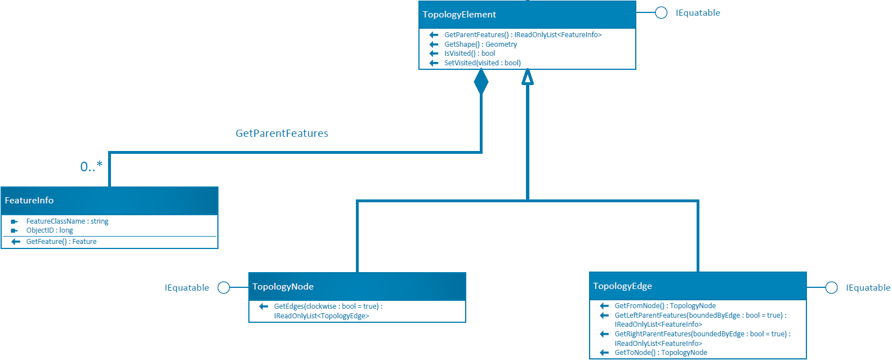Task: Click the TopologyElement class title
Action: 460,15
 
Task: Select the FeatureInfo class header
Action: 29,201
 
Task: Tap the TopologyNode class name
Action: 283,287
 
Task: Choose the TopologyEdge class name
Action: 622,286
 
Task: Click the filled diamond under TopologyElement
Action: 481,82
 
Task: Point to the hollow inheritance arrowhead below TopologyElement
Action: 528,77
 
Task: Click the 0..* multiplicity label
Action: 91,166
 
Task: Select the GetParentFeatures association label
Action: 282,134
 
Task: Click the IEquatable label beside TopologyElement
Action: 698,13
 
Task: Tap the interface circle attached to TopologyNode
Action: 224,288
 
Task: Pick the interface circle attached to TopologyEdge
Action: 831,288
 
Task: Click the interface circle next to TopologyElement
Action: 661,13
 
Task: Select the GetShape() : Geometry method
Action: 480,45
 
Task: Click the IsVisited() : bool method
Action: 470,54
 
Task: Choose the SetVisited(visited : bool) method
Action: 482,63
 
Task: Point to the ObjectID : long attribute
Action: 50,230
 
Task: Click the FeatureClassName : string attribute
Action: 67,221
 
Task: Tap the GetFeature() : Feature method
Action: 61,242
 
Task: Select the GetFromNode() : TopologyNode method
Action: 665,306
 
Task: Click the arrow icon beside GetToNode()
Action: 604,353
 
